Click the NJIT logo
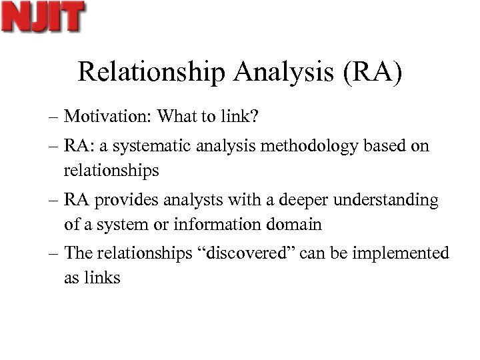click(43, 17)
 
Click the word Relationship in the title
click(152, 73)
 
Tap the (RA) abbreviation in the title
click(373, 73)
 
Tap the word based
click(387, 145)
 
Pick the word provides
click(119, 200)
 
